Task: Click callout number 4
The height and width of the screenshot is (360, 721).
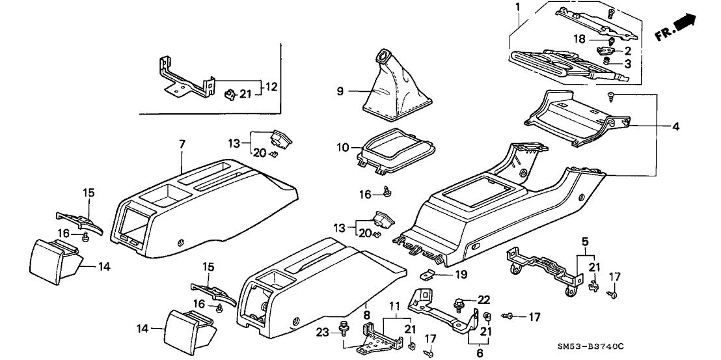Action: coord(676,127)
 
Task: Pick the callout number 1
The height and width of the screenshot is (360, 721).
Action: coord(519,8)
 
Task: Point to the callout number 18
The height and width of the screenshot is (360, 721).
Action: coord(579,39)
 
